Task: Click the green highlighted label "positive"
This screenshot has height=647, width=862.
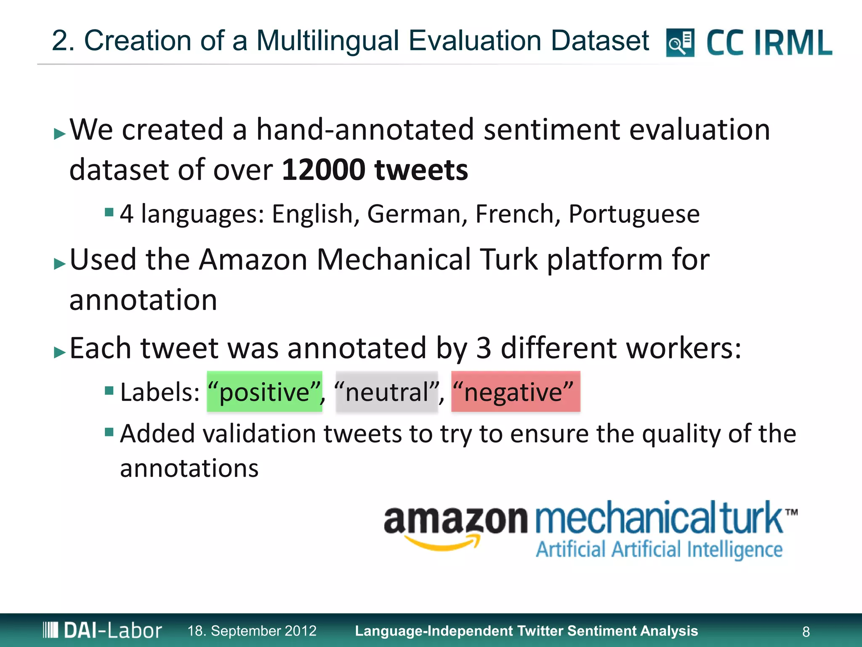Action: [x=264, y=392]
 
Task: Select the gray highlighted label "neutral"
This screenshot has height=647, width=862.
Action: [x=387, y=392]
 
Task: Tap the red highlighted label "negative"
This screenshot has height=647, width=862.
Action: [x=516, y=392]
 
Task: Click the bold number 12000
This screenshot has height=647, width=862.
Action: [x=323, y=170]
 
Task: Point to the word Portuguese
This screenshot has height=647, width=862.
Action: [x=634, y=214]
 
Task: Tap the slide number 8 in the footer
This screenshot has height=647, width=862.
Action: [x=806, y=631]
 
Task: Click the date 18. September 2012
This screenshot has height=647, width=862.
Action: [x=252, y=631]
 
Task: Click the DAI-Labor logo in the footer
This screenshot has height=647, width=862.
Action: [x=102, y=631]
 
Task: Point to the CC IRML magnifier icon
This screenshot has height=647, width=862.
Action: [x=680, y=43]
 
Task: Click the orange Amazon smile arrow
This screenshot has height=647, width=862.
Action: [x=442, y=543]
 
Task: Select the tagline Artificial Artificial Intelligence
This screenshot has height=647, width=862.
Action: [x=659, y=550]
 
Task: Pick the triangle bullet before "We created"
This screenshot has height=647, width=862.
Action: [x=60, y=134]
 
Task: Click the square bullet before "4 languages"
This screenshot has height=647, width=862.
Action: [x=109, y=211]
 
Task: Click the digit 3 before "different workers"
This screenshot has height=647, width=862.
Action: [x=484, y=348]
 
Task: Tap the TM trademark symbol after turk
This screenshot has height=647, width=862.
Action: [x=791, y=512]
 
